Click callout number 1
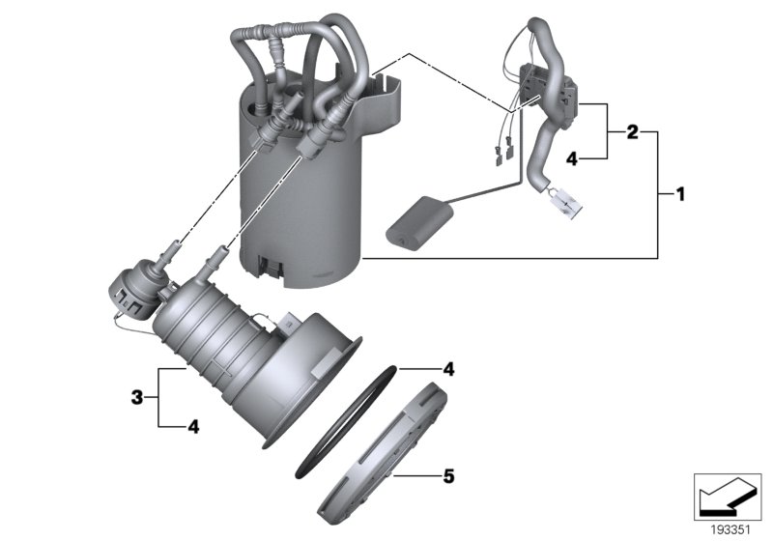coord(679,194)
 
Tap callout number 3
coord(138,396)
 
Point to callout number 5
coord(448,475)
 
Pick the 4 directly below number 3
coord(194,425)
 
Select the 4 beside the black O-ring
coord(448,369)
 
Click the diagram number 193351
coord(730,528)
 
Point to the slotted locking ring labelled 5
coord(382,454)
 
